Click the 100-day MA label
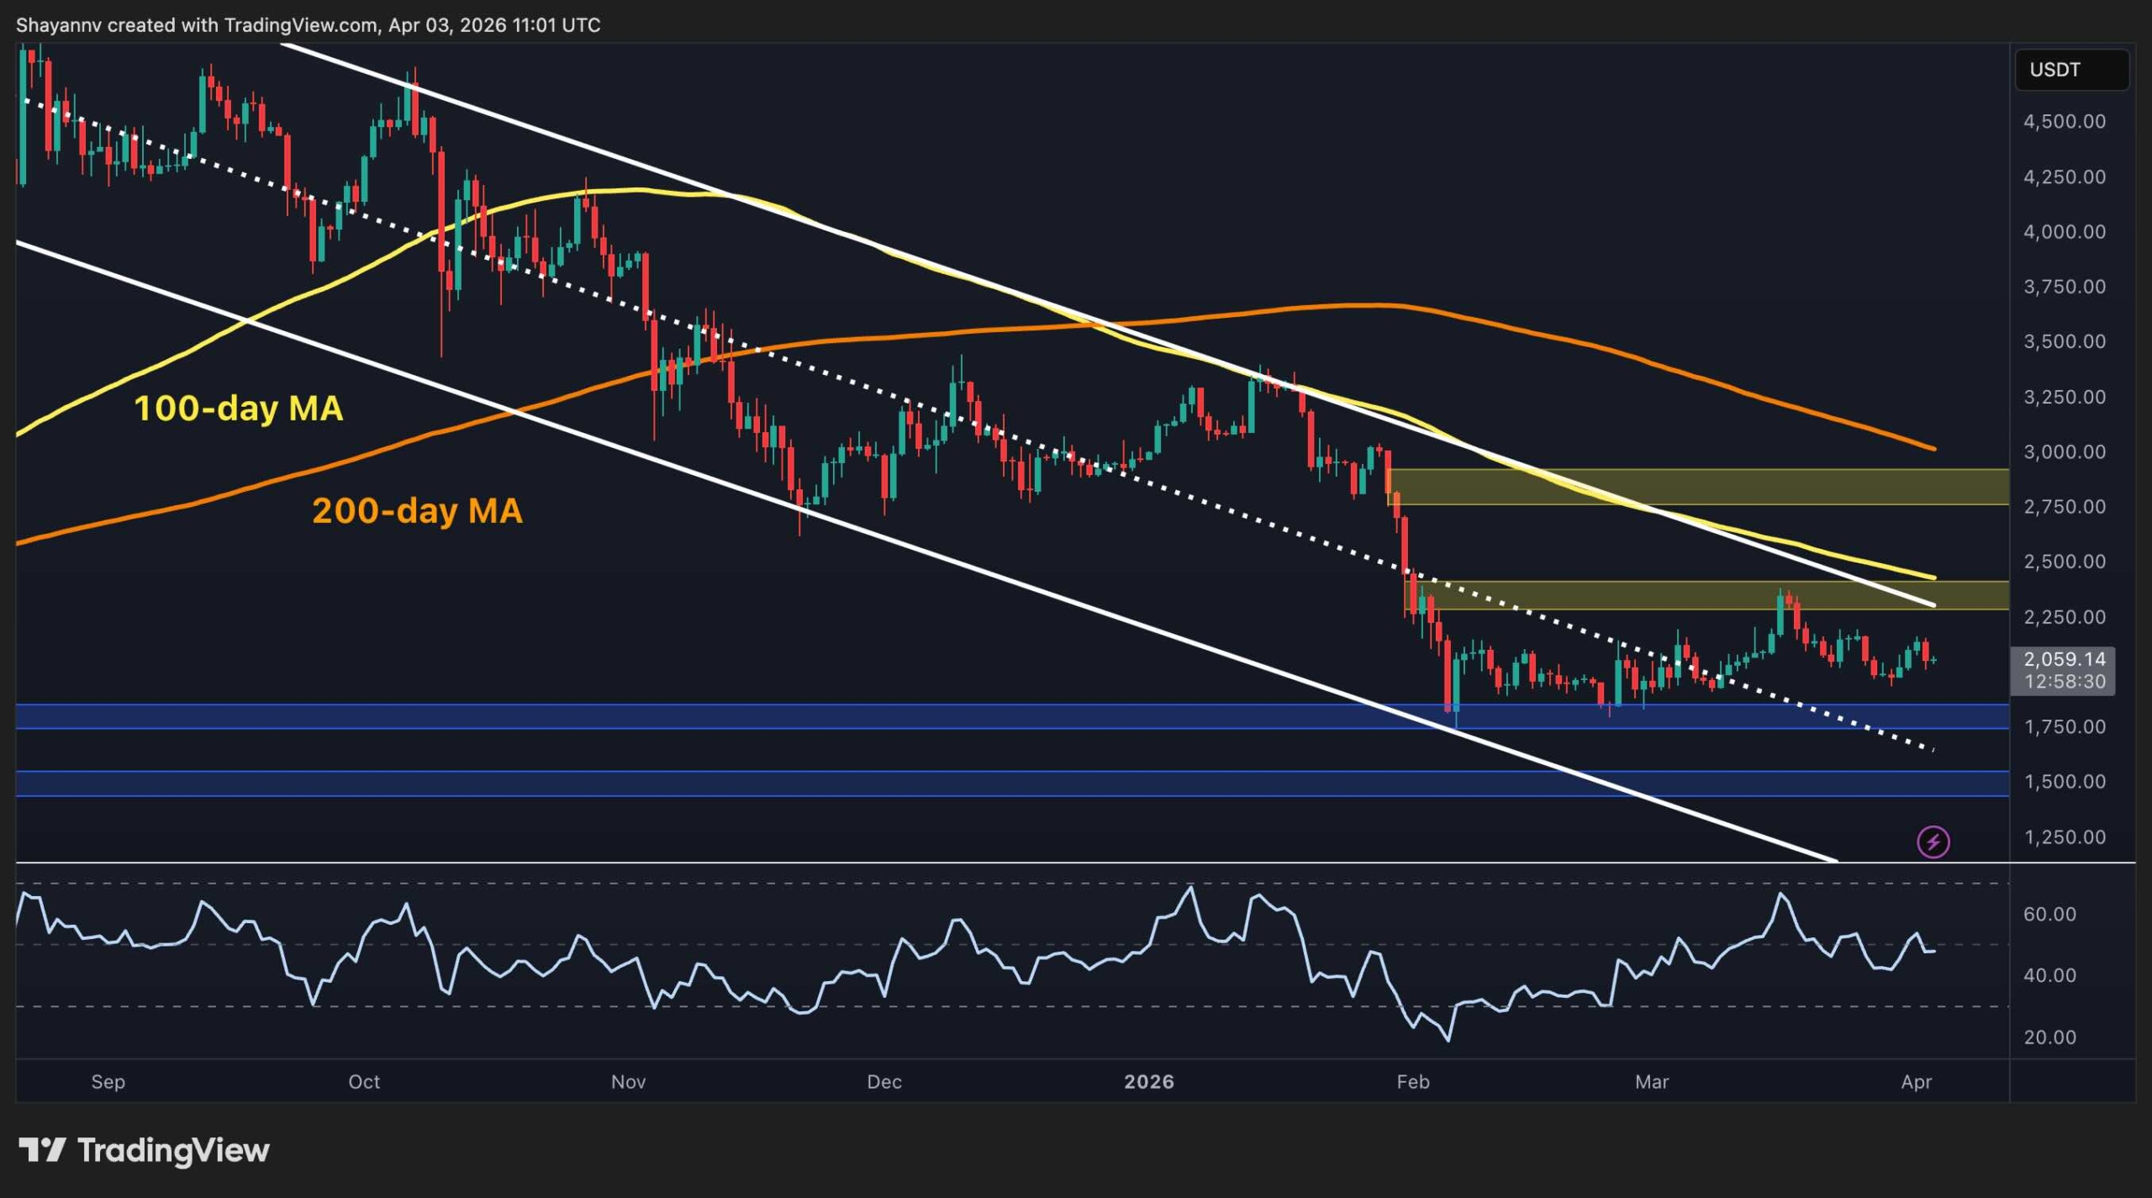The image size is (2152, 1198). tap(238, 409)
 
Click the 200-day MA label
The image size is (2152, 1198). tap(417, 510)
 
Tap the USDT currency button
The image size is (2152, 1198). tap(2070, 70)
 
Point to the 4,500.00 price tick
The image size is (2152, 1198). tap(2064, 122)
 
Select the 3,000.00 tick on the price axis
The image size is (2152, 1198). tap(2064, 452)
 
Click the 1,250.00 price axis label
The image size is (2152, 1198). tap(2064, 837)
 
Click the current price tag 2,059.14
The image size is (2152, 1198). tap(2064, 659)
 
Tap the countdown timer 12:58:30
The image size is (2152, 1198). tap(2064, 682)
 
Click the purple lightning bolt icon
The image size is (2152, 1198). tap(1933, 842)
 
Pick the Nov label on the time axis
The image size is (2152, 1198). tap(628, 1082)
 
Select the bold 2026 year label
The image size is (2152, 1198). tap(1148, 1082)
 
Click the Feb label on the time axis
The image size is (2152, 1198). tap(1412, 1082)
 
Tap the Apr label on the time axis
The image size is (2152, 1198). tap(1916, 1082)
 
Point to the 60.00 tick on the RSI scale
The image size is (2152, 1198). tap(2049, 915)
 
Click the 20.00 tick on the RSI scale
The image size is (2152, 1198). tap(2049, 1037)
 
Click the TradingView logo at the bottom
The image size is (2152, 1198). tap(144, 1150)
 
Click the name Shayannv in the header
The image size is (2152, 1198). tap(58, 25)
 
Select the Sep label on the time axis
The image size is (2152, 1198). tap(108, 1082)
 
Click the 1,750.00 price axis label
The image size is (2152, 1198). tap(2064, 727)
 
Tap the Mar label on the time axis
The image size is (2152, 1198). tap(1651, 1082)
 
